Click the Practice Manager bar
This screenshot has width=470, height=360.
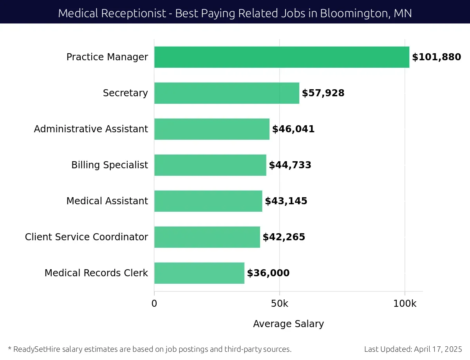coord(282,57)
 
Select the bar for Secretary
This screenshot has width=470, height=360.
coord(226,93)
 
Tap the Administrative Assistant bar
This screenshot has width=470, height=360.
coord(211,129)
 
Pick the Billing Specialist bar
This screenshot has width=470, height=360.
coord(210,165)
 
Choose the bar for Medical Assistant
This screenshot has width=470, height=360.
coord(208,201)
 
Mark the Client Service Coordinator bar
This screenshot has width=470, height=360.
coord(207,237)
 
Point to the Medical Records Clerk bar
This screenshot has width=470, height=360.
coord(199,273)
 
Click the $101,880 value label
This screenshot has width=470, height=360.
coord(436,57)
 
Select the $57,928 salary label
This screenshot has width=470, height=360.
coord(323,93)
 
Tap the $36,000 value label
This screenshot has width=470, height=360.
coord(268,273)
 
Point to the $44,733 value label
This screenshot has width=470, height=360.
coord(290,165)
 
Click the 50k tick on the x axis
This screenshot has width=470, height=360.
coord(279,304)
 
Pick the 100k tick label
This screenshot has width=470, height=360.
coord(405,304)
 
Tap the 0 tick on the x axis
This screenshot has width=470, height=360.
coord(154,304)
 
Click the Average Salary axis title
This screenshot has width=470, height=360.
coord(288,324)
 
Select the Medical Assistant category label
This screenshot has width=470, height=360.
coord(107,201)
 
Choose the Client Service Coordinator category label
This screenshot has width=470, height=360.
coord(86,237)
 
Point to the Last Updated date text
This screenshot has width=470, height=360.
coord(413,349)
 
